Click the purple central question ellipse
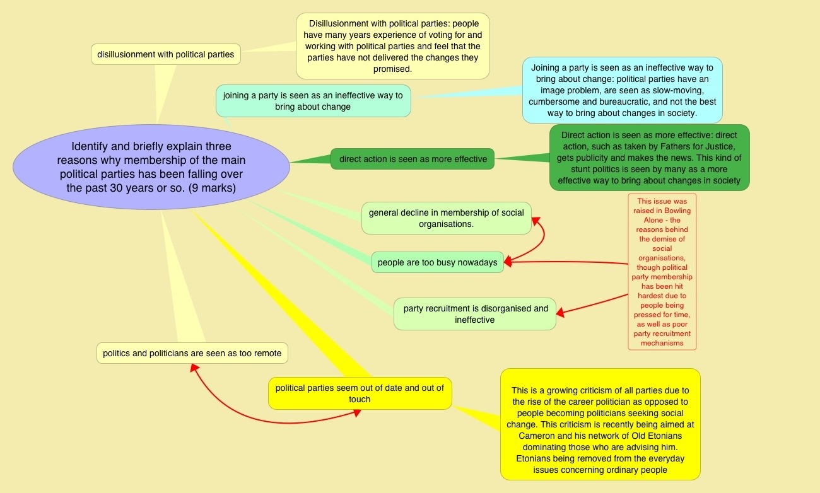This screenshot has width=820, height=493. tap(151, 166)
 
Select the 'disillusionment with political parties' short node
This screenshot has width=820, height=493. tap(165, 54)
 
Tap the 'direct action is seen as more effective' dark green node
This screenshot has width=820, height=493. tap(413, 159)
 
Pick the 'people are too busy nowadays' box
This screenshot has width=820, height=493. tap(437, 262)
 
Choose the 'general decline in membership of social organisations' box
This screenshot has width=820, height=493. tap(446, 218)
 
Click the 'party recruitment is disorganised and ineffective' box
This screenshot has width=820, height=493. tap(474, 314)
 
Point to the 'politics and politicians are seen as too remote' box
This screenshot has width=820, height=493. tap(192, 353)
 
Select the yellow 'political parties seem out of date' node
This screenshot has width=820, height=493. tap(360, 393)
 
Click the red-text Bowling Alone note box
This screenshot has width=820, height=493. tap(662, 272)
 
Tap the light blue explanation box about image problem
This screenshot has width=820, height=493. tap(622, 90)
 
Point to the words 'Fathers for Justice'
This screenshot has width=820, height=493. tap(693, 146)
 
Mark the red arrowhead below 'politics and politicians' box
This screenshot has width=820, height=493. tap(194, 368)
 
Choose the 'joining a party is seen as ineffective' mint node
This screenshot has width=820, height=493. tap(313, 101)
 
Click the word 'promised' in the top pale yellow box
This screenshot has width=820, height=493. tap(392, 69)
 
